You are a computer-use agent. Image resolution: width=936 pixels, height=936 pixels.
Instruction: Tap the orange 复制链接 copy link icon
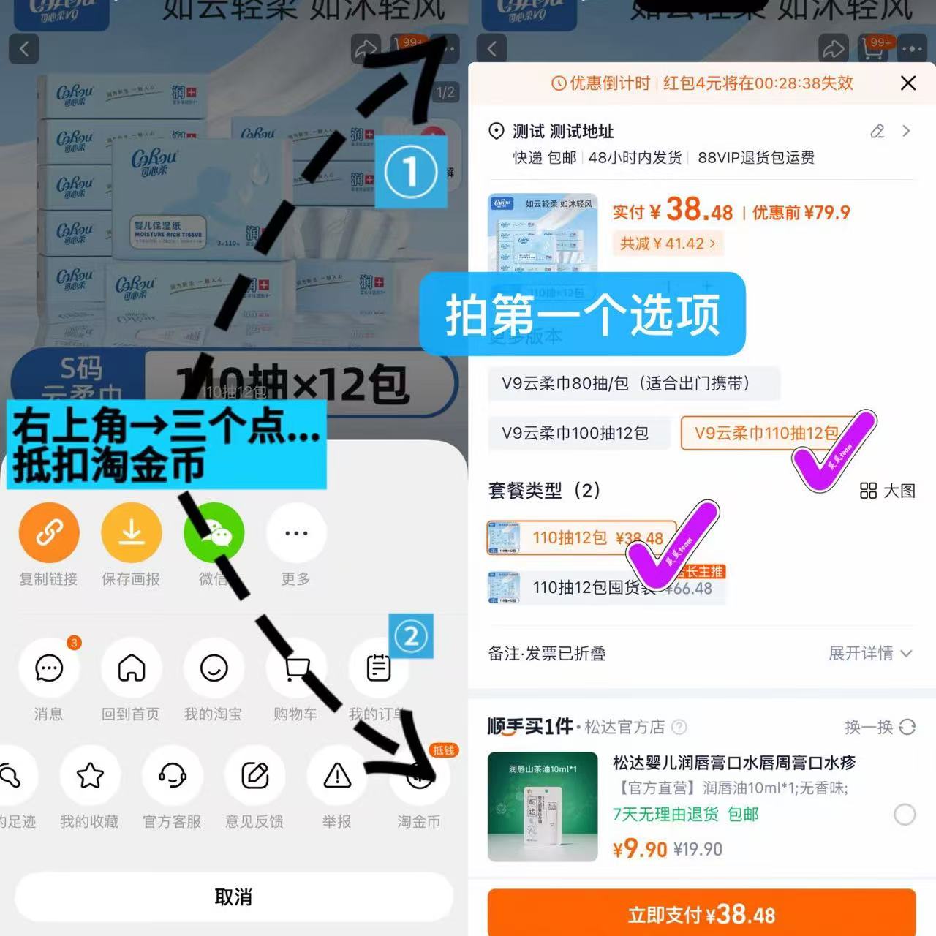point(49,533)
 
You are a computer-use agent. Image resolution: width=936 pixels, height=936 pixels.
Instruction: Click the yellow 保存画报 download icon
point(131,533)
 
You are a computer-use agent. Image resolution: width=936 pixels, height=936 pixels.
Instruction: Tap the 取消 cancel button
point(233,897)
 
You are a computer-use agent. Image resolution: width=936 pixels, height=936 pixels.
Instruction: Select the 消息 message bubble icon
point(49,668)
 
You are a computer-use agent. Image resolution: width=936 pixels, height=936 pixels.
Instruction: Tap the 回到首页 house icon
point(132,668)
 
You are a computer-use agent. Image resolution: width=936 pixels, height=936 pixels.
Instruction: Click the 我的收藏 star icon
point(90,776)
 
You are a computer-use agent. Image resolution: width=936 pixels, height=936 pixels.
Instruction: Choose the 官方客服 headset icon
point(173,776)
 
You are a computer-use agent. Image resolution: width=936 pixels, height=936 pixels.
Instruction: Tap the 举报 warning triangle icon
point(337,776)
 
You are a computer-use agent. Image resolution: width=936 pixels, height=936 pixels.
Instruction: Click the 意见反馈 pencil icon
point(254,776)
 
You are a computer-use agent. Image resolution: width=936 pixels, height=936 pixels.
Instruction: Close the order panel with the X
point(908,83)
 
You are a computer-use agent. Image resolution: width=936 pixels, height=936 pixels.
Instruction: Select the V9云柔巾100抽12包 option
point(575,433)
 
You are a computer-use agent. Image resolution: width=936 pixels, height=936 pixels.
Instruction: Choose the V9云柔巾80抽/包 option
point(626,383)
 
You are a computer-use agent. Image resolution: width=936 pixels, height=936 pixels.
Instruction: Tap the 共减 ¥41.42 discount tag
point(668,244)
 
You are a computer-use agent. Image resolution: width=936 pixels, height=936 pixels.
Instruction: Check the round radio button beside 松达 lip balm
point(905,815)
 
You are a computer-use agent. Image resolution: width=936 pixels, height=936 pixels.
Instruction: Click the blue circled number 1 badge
point(411,172)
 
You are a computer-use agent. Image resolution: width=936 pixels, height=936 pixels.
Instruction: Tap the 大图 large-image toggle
point(888,491)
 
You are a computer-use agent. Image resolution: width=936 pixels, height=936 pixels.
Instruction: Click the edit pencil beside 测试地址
point(877,132)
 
